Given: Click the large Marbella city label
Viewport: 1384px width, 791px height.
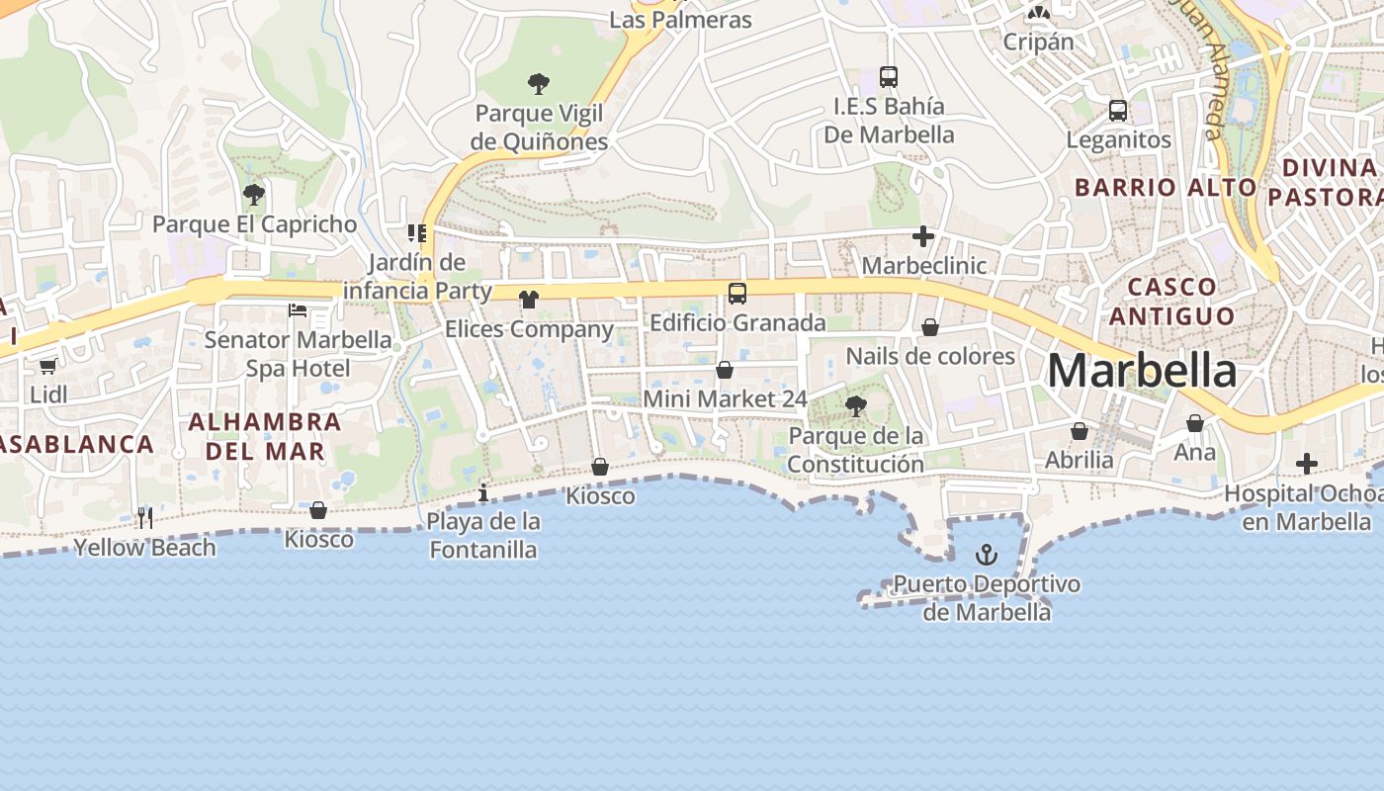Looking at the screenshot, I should [1142, 372].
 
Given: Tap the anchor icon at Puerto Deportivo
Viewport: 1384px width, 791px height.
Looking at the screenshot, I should [987, 555].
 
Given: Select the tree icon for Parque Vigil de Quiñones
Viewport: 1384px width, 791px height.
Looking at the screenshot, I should [539, 83].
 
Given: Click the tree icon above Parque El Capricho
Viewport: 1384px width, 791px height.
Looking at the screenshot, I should [254, 194].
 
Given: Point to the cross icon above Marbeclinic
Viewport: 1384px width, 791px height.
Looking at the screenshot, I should [923, 236].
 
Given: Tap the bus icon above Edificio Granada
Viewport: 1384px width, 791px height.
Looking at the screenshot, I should [737, 293].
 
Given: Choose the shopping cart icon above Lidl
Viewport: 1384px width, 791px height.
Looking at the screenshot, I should [47, 366].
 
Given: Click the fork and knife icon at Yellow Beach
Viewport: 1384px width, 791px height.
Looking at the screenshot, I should [145, 518].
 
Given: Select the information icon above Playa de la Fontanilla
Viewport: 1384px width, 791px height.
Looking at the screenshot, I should [483, 491].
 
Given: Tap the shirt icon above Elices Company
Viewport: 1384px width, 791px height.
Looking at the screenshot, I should [529, 300].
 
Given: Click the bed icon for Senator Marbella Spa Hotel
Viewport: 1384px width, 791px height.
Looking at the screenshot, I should [298, 310].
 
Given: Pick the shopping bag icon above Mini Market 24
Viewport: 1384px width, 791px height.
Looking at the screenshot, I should [725, 370].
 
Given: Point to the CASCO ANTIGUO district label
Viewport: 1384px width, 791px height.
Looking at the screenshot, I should [1171, 302].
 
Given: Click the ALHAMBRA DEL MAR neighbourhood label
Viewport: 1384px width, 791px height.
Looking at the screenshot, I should [264, 436].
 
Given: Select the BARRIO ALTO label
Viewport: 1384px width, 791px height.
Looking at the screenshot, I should [1165, 187].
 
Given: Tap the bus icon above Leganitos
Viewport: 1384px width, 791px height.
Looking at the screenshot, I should [1118, 111].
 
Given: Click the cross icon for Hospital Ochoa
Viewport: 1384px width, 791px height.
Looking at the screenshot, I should [1307, 463].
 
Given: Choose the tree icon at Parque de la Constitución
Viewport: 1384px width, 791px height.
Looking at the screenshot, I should [856, 405].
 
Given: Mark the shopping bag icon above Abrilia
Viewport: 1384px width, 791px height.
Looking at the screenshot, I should [1080, 431].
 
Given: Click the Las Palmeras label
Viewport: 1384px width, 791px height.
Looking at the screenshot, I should [680, 20].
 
